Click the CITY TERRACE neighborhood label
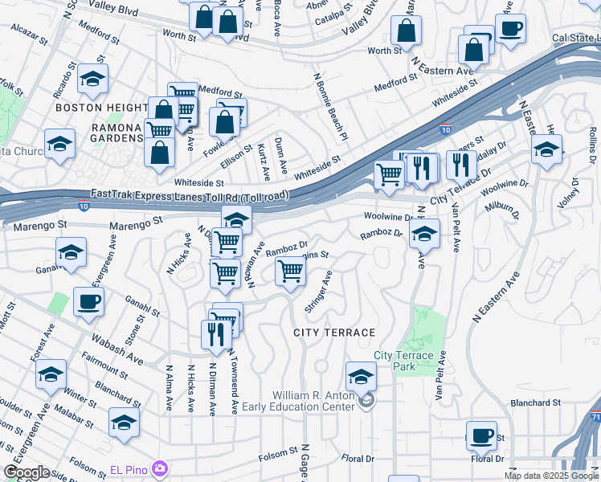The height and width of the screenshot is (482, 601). [x=333, y=333]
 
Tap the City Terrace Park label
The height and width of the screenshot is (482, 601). [x=403, y=361]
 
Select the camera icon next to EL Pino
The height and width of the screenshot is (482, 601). [x=160, y=468]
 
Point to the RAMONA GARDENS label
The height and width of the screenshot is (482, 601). [x=117, y=133]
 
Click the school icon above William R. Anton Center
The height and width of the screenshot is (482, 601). [x=361, y=376]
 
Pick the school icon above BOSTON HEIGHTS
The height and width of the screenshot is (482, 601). [x=92, y=79]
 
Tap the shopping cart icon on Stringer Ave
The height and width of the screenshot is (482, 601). [x=289, y=271]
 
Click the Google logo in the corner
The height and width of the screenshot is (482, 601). [x=27, y=472]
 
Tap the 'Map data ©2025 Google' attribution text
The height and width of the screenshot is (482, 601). [x=551, y=476]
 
